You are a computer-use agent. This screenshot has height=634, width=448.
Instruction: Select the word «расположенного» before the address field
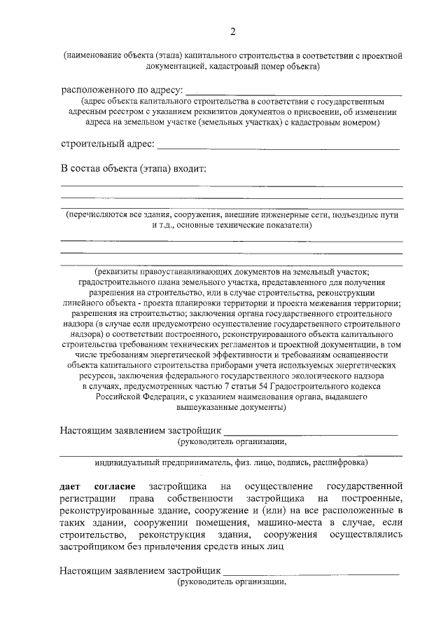[96, 90]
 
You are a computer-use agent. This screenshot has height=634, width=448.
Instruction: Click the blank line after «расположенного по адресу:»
[293, 92]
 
